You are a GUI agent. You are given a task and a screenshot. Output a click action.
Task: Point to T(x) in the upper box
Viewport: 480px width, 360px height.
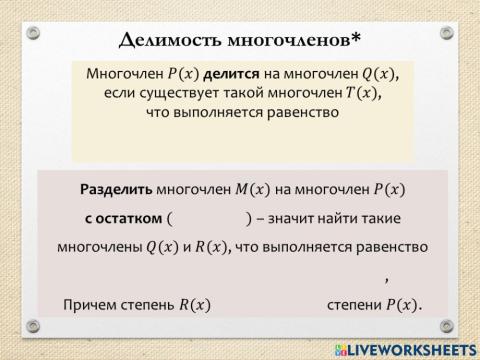pyautogui.click(x=361, y=93)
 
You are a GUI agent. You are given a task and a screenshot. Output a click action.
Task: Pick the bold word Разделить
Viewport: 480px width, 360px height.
pyautogui.click(x=119, y=188)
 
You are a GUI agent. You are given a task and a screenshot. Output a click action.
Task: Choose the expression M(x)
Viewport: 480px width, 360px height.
pyautogui.click(x=256, y=188)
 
